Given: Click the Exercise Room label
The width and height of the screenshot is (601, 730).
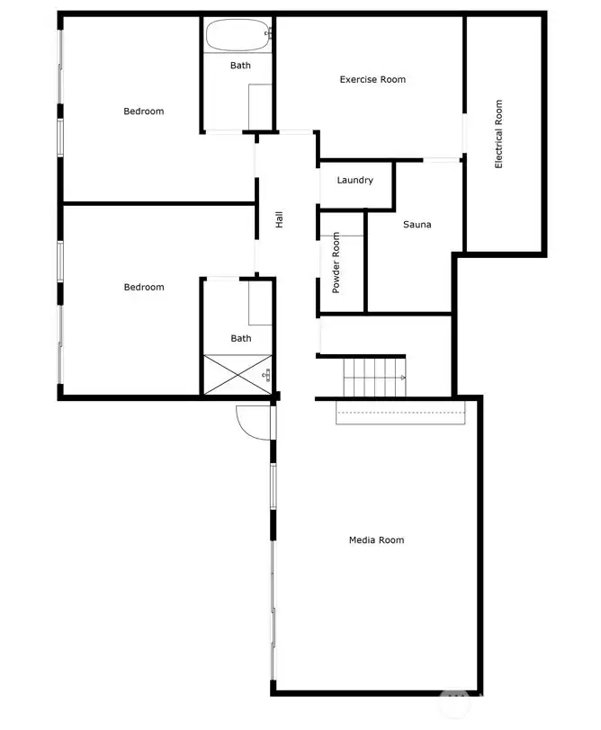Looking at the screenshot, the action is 372,80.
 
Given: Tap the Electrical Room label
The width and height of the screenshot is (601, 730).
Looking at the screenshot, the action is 498,134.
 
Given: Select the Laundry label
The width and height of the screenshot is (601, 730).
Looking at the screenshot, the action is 355,180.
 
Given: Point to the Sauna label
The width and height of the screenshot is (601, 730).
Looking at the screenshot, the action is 417,225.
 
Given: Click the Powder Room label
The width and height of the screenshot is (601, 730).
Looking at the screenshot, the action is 336,263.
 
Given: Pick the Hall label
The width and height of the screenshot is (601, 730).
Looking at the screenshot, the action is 279,219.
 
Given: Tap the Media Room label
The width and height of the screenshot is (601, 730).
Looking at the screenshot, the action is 376,540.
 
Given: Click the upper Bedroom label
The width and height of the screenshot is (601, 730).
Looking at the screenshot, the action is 143,111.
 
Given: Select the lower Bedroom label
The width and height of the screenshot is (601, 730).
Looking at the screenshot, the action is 144,288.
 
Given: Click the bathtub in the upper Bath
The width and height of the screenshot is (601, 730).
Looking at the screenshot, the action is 238,35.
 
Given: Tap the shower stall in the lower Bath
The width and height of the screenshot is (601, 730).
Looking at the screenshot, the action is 238,375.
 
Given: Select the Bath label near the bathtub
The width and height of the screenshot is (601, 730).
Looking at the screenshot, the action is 240,66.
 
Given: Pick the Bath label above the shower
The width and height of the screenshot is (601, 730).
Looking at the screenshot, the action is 241,338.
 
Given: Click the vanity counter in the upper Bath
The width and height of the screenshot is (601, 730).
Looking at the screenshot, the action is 260,107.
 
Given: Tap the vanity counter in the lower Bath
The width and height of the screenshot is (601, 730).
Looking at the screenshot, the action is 260,303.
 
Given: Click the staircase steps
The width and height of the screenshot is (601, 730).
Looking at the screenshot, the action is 374,377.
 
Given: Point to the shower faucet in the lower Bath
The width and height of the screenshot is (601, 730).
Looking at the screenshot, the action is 266,375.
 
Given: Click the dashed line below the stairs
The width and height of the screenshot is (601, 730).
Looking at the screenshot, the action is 400,412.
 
